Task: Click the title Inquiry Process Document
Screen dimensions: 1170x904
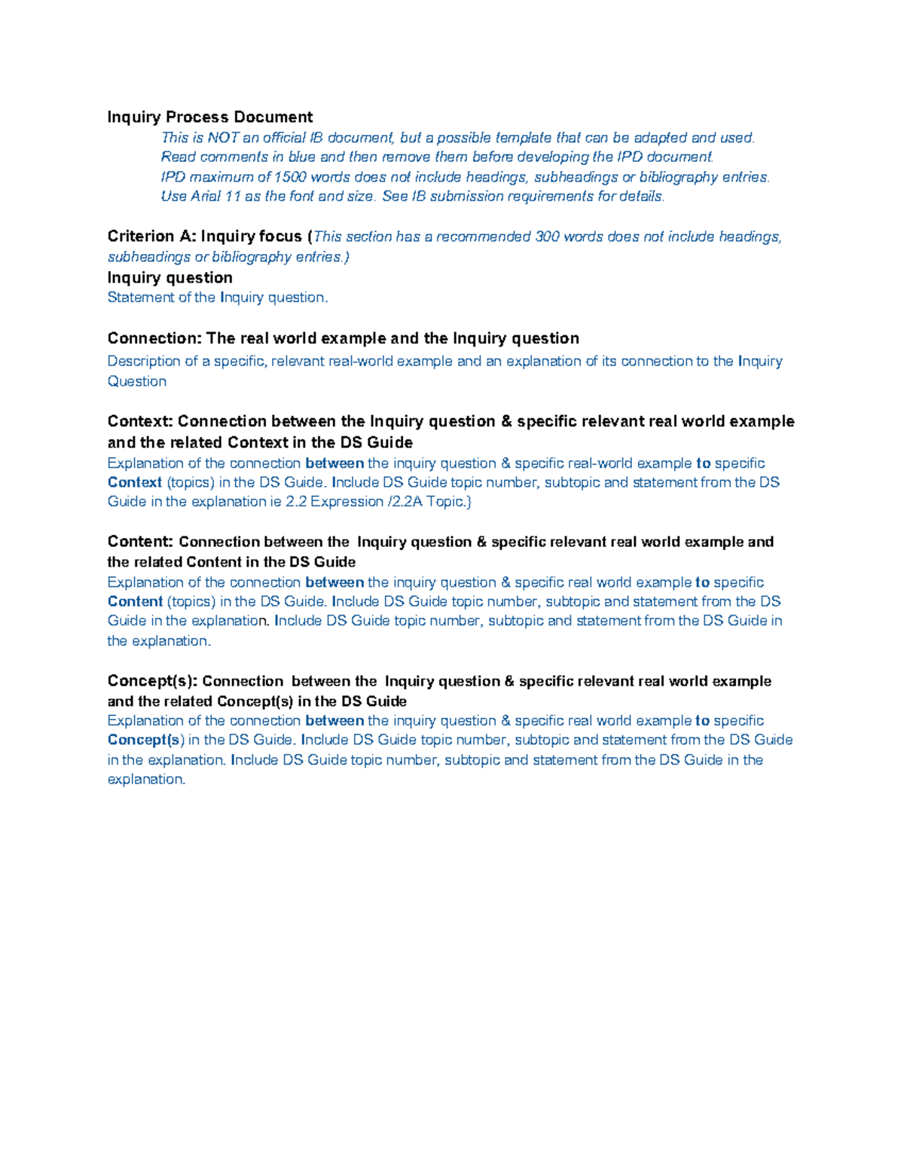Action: pos(209,117)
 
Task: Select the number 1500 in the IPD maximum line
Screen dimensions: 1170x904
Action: pos(290,177)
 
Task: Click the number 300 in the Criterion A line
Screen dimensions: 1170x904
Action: pos(547,237)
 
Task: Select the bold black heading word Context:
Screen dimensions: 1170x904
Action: pos(140,421)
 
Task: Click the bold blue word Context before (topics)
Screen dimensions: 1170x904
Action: pos(135,482)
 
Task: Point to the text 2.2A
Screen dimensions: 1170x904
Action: pos(407,502)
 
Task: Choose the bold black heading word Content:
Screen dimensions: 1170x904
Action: pos(141,542)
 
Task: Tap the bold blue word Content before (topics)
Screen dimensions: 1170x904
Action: pos(135,601)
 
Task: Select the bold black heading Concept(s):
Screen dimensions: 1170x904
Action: pos(152,681)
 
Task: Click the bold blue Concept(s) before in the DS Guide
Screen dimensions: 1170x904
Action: pos(146,740)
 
